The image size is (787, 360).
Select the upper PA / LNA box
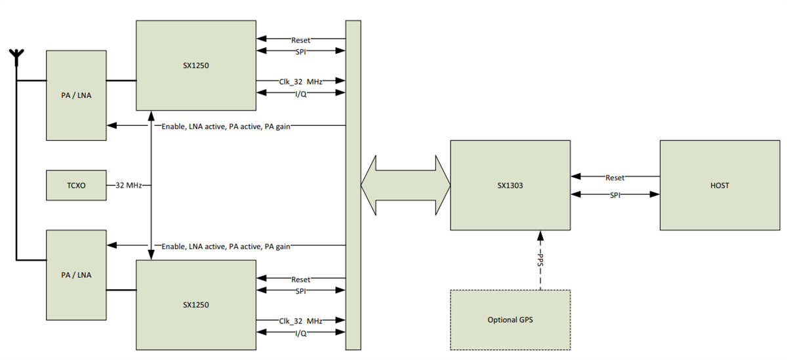point(75,95)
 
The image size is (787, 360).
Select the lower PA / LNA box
point(75,275)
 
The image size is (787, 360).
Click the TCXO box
point(75,186)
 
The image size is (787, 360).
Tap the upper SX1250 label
point(195,66)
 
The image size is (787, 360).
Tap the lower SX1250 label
point(195,305)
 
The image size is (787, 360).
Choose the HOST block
point(719,186)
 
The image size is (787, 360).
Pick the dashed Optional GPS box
point(510,320)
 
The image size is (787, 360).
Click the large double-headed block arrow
point(405,185)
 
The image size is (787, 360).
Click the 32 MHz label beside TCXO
point(129,186)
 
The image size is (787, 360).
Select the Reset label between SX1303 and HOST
point(615,177)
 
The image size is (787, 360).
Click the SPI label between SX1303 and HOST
point(615,195)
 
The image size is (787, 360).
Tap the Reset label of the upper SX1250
point(300,40)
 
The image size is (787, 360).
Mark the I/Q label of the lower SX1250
point(300,333)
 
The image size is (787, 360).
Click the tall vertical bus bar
point(353,186)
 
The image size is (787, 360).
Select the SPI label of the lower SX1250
point(300,290)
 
